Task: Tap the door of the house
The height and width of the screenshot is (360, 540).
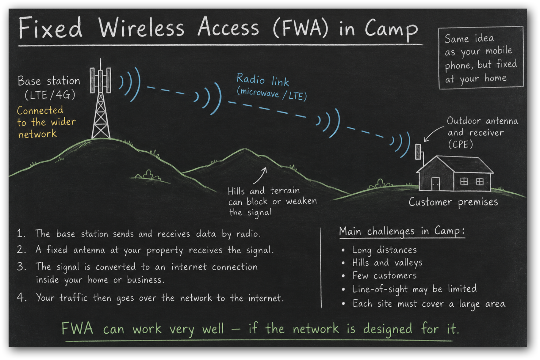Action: coord(435,184)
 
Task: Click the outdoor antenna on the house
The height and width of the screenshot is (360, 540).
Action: coord(418,152)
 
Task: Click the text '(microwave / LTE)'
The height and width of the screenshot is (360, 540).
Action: coord(272,94)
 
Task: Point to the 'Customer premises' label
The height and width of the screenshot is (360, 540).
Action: coord(453,202)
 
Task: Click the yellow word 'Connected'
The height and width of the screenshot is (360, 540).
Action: coord(40,110)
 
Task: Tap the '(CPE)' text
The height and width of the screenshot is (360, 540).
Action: coord(460,144)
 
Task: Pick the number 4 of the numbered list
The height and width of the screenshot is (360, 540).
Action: coord(21,297)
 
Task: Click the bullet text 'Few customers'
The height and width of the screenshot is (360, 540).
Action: coord(384,275)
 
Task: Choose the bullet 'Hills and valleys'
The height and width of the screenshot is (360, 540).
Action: coord(387,263)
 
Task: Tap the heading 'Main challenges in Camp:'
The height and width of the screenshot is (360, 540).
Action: coord(402,231)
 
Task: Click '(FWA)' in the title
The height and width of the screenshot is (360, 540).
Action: coord(301,28)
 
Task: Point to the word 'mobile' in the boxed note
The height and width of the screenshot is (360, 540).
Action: coord(499,50)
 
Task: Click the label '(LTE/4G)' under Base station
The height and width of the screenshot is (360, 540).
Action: coord(50,95)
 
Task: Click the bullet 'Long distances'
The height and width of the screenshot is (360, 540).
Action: coord(384,250)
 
